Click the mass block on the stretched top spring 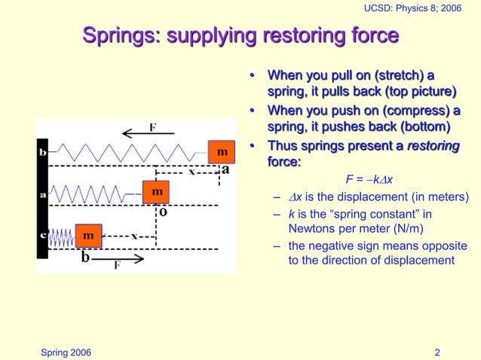click(x=221, y=151)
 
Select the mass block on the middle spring click(x=157, y=192)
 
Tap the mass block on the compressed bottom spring click(x=88, y=235)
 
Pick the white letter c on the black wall click(x=42, y=235)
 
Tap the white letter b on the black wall click(x=42, y=152)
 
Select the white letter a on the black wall click(x=42, y=194)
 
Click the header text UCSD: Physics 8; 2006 click(x=412, y=8)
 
